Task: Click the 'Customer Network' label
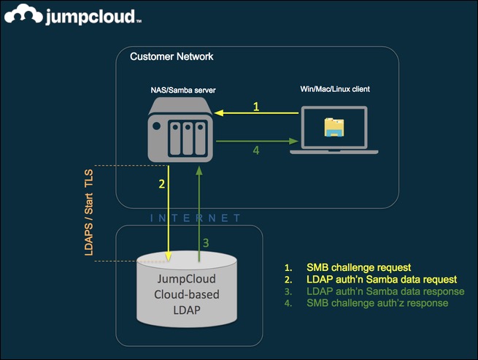(171, 56)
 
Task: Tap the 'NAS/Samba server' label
(180, 90)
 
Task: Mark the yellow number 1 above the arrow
(256, 107)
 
